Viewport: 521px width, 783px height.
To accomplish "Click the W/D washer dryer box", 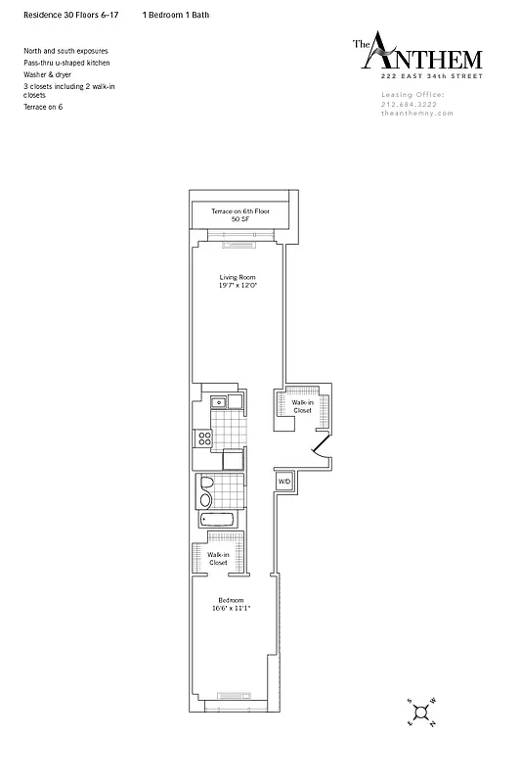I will pos(284,482).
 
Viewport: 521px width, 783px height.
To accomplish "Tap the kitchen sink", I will pos(219,401).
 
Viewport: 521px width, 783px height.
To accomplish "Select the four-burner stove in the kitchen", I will pos(205,439).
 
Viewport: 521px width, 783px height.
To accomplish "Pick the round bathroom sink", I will pos(205,501).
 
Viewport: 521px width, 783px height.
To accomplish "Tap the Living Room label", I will pos(234,277).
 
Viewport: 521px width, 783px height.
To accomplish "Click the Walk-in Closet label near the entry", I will pos(303,406).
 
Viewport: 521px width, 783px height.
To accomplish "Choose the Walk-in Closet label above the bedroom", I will pos(218,558).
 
